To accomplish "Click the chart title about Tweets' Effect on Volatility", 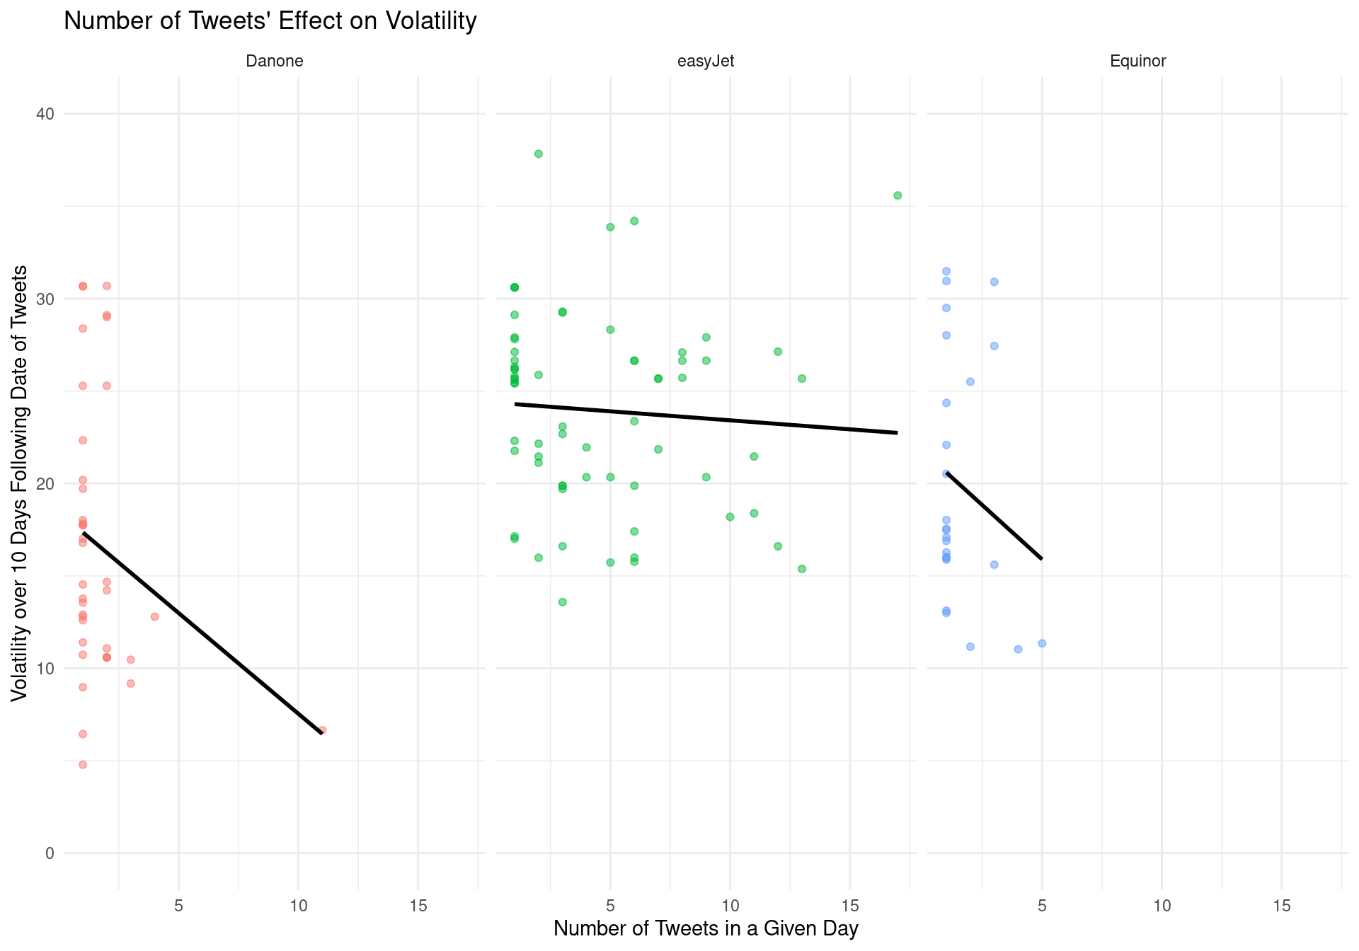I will click(270, 21).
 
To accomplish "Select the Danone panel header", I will click(274, 61).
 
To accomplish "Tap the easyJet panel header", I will click(706, 61).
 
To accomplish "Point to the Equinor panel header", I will click(1137, 61).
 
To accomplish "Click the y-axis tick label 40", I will click(45, 114).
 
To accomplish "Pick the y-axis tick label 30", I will click(45, 299).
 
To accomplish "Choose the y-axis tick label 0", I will click(50, 853).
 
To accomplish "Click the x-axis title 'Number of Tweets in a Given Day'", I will click(706, 928).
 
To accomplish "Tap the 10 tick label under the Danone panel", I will click(298, 906).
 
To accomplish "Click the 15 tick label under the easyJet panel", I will click(850, 906).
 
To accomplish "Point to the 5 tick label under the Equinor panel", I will click(1042, 906).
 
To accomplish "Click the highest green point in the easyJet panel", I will click(538, 154).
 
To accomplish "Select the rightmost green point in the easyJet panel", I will click(898, 195).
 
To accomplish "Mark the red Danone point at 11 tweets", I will click(323, 730).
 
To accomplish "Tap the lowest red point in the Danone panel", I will click(83, 765).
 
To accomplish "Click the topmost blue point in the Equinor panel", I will click(946, 271).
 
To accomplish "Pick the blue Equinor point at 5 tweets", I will click(1042, 643).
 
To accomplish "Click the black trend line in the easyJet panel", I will click(706, 418).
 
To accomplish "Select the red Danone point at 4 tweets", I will click(154, 617).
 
